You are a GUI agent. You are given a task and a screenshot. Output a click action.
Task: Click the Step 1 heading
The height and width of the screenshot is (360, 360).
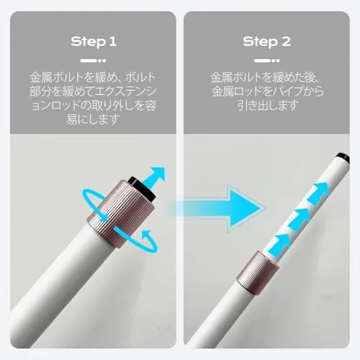[x=94, y=42]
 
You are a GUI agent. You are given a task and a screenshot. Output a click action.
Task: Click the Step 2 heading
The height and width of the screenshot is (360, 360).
[x=266, y=42]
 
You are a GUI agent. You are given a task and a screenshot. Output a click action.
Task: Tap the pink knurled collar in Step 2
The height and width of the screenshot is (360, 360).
[x=258, y=272]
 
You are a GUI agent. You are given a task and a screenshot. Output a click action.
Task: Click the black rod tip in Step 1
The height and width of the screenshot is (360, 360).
[x=143, y=189]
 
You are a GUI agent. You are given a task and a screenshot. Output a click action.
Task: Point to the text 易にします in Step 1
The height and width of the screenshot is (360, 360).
[x=93, y=119]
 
